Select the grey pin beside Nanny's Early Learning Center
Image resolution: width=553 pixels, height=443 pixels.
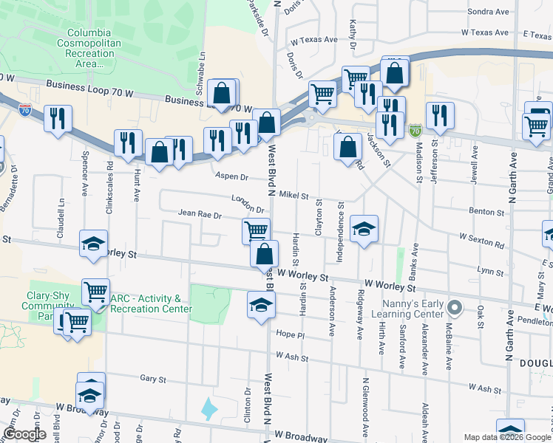455,306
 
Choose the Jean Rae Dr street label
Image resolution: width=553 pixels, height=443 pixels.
200,214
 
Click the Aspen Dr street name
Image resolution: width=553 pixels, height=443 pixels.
231,176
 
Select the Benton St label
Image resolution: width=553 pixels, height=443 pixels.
486,211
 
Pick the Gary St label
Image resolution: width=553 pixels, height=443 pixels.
152,379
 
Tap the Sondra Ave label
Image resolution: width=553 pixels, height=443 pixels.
489,12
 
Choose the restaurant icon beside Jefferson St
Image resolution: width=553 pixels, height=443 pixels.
440,114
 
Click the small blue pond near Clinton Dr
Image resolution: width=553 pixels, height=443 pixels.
210,408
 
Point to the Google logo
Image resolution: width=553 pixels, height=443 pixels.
24,434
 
